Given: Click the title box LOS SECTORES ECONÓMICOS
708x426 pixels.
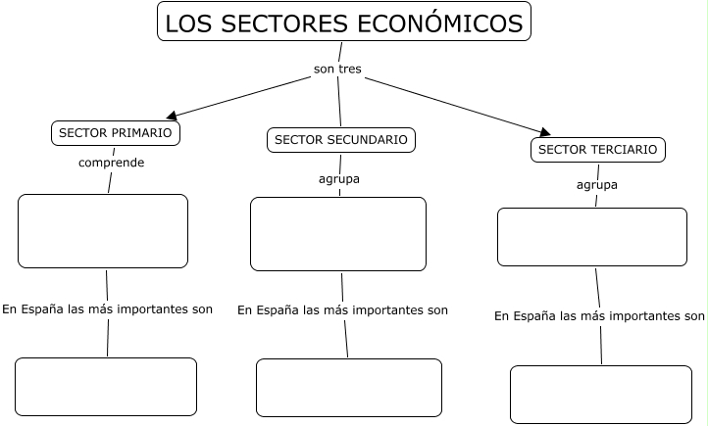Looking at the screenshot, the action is (x=344, y=22).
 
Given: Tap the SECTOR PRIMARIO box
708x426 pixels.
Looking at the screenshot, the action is (x=116, y=133).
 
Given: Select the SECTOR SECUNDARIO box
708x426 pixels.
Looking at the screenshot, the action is (x=341, y=140).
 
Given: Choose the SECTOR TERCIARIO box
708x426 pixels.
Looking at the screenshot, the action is (x=598, y=150).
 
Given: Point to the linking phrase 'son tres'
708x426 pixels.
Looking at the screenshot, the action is (x=337, y=69).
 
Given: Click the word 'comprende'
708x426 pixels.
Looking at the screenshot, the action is (x=112, y=163).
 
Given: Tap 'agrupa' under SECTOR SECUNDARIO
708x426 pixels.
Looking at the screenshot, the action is (x=339, y=179).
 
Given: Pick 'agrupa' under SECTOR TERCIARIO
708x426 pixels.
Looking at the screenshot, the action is (x=597, y=185).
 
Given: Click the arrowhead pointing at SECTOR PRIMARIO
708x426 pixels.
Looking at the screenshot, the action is (x=172, y=116).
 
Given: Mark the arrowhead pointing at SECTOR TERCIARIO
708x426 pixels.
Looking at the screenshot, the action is (x=545, y=131).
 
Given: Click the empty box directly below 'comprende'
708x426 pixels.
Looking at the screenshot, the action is (x=103, y=231).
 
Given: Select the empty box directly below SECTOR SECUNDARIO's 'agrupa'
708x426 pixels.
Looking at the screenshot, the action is (x=338, y=234).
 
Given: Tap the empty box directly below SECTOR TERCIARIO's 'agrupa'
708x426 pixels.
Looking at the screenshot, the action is (x=592, y=237).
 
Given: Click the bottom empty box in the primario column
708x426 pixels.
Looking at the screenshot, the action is (x=106, y=387).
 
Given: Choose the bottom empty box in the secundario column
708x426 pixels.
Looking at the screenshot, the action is (x=349, y=388).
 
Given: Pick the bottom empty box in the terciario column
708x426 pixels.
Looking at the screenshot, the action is (x=601, y=395).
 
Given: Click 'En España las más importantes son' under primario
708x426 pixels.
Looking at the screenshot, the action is (x=108, y=309).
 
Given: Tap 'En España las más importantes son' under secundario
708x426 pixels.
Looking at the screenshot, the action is (x=342, y=310).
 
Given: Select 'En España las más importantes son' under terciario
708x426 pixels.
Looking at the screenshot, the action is (x=599, y=316).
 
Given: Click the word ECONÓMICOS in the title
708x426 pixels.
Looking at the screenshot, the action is (x=440, y=23).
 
